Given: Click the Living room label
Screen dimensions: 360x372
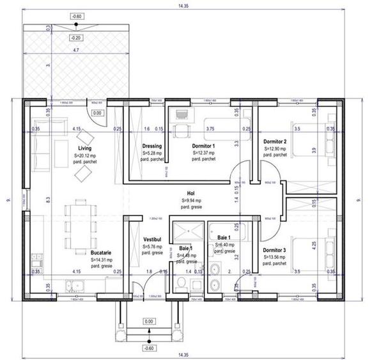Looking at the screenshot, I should pyautogui.click(x=85, y=148).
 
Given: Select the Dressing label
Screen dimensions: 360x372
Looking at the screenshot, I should pyautogui.click(x=151, y=146).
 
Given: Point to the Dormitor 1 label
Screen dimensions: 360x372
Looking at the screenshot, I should pyautogui.click(x=203, y=146).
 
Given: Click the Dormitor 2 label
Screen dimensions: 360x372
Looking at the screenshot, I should pyautogui.click(x=275, y=141).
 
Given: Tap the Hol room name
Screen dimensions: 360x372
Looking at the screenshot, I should pyautogui.click(x=190, y=192).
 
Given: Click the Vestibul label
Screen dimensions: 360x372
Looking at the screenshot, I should pyautogui.click(x=155, y=239).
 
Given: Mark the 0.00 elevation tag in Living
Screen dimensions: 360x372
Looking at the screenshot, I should pyautogui.click(x=97, y=113).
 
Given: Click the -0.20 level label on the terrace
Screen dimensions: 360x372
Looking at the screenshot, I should pyautogui.click(x=76, y=38).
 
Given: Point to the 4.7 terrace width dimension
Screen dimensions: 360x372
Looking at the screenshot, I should pyautogui.click(x=75, y=49).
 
